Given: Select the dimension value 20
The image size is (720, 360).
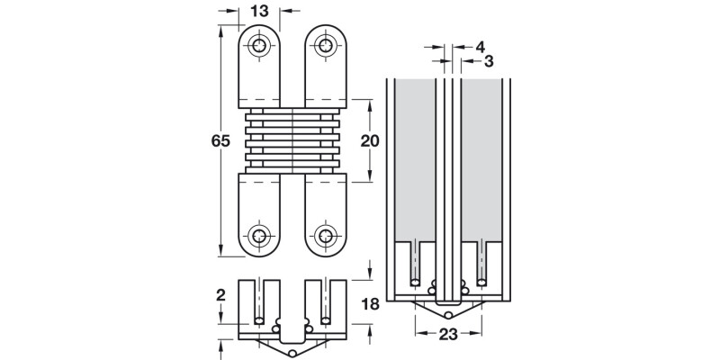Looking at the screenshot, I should (370, 140).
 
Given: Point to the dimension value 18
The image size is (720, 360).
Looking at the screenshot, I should (370, 304).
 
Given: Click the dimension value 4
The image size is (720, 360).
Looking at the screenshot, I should (480, 45).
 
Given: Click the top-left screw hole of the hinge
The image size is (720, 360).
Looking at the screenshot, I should (260, 45).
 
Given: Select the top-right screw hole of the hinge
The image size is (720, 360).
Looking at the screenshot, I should (325, 45).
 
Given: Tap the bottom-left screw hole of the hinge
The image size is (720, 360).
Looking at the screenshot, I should (260, 236).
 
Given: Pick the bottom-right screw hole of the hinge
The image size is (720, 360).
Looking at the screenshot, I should (325, 236).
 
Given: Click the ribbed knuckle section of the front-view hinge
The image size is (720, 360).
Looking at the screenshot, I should (292, 140).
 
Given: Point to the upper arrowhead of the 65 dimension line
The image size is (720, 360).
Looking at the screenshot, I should (222, 30).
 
